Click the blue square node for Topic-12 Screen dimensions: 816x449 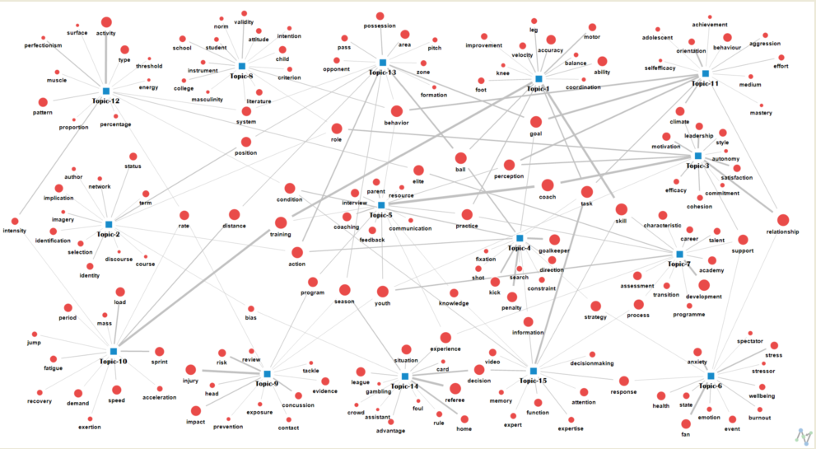click(x=106, y=91)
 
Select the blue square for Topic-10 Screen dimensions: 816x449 click(x=113, y=352)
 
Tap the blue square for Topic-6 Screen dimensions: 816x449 click(x=711, y=376)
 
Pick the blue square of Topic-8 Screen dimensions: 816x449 click(x=242, y=66)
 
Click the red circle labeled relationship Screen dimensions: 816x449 click(x=782, y=220)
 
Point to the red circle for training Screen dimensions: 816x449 click(x=281, y=222)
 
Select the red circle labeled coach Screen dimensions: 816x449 click(x=547, y=185)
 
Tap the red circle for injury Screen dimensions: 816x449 click(x=191, y=370)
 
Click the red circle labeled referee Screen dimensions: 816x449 click(x=455, y=388)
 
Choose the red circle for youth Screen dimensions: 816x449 click(x=382, y=291)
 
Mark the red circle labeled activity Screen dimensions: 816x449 click(x=106, y=22)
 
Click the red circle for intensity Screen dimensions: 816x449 click(x=15, y=221)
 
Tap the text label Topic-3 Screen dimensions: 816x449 click(x=697, y=166)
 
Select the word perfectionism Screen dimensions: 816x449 click(x=43, y=45)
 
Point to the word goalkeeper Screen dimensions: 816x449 click(x=555, y=250)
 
